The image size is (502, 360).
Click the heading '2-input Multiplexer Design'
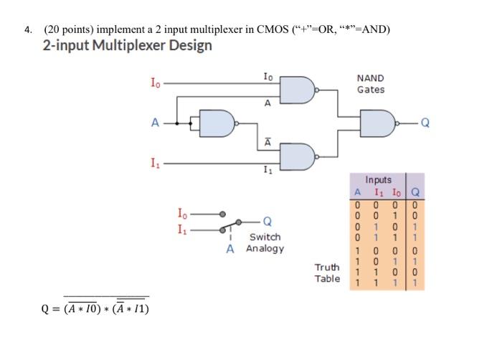pos(128,46)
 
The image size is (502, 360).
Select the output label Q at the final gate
pos(425,123)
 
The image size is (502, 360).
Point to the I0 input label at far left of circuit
pos(154,83)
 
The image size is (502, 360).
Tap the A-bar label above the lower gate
pos(267,142)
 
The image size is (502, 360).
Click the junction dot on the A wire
pos(190,123)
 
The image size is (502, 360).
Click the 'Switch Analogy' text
pos(265,242)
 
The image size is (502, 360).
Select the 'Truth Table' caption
pos(327,273)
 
